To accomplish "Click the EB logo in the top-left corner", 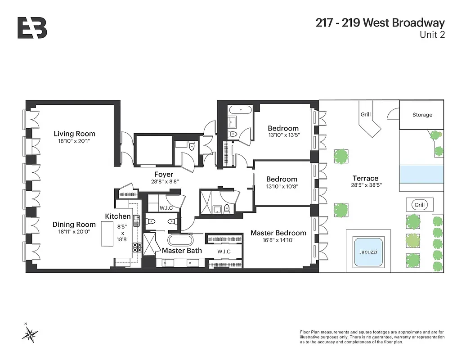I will (x=32, y=28).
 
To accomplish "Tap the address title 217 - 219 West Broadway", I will (x=380, y=23).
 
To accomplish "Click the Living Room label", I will (x=74, y=134).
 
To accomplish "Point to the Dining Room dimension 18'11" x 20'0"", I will (x=74, y=232).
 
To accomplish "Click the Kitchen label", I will (x=118, y=216).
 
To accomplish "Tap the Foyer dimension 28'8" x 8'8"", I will (x=164, y=182).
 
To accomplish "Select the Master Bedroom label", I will (x=278, y=233).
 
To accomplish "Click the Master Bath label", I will (x=182, y=251).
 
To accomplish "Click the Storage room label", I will (x=422, y=115).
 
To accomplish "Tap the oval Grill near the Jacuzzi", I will (x=419, y=205).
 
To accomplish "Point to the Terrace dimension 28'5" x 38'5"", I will (x=365, y=185).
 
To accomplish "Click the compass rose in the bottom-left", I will (x=30, y=333).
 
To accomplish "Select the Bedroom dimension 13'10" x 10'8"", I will (x=282, y=186).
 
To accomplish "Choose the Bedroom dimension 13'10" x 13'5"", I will (x=283, y=135).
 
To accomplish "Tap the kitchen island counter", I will (x=107, y=234).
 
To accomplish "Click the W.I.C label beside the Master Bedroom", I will (x=224, y=252).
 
